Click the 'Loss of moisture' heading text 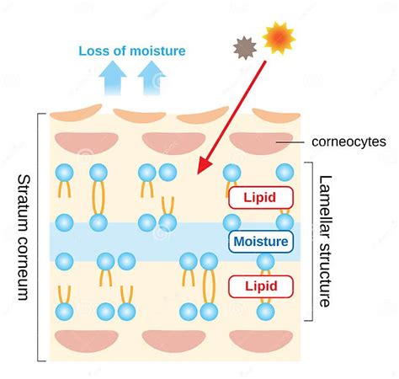[x=132, y=51]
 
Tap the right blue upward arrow [x=150, y=81]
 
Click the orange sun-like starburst [x=279, y=39]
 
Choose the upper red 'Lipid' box [x=261, y=198]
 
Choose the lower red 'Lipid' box [x=261, y=286]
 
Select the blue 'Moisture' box [x=261, y=242]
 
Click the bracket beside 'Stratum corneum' [x=39, y=236]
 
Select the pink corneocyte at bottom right [x=260, y=340]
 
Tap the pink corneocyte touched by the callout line [x=260, y=141]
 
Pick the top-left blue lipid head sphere [x=64, y=173]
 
